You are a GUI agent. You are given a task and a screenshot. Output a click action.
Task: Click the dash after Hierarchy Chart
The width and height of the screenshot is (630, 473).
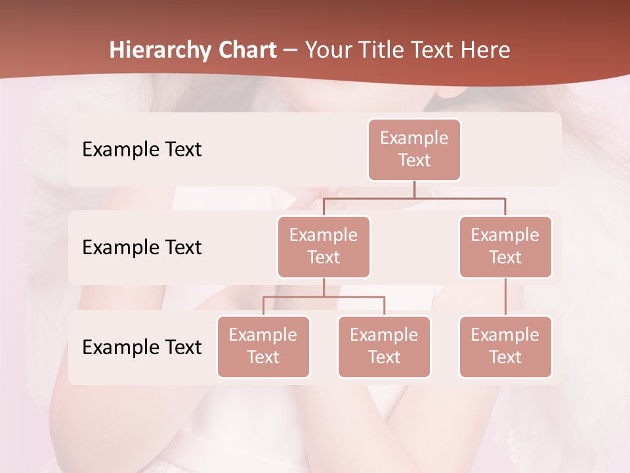[x=291, y=51]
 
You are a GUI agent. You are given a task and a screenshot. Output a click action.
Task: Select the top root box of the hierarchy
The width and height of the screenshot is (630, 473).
[x=414, y=150]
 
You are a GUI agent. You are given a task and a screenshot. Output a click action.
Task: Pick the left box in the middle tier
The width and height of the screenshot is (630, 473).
[x=324, y=247]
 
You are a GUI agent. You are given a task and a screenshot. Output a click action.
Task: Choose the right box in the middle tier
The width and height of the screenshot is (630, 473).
[x=505, y=247]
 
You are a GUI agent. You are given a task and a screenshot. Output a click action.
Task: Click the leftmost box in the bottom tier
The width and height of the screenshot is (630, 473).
[x=263, y=347]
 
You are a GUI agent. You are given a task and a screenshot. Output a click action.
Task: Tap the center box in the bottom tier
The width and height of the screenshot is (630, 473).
[x=384, y=347]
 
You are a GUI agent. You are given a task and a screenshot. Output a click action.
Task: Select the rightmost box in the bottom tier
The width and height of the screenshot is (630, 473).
[x=505, y=347]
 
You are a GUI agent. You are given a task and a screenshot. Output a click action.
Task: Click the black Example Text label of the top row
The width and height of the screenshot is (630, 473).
[x=142, y=150]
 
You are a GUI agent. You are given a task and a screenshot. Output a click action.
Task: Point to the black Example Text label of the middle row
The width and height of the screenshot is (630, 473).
[x=142, y=248]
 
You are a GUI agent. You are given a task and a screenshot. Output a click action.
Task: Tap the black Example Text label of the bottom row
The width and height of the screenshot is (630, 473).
[x=142, y=347]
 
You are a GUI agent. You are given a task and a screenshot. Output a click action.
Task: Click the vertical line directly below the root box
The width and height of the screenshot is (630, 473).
[x=414, y=189]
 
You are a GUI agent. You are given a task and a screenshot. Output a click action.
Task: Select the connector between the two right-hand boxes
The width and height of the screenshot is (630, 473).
[x=505, y=297]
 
